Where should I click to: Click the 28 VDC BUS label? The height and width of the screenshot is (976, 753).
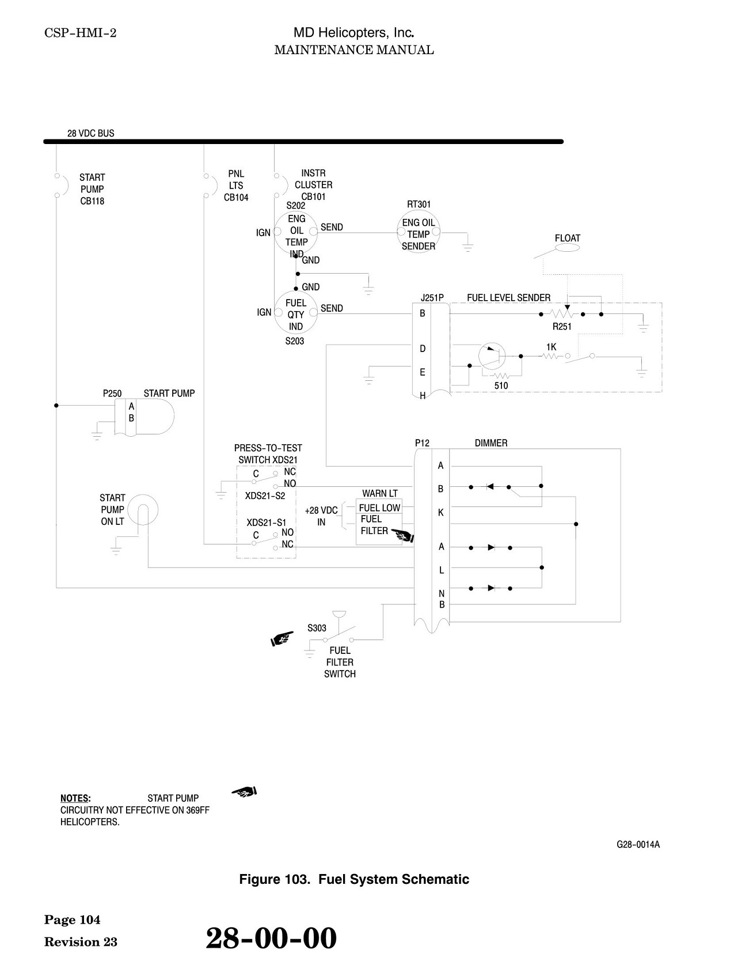pyautogui.click(x=91, y=133)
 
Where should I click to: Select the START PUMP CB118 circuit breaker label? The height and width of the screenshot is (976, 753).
pyautogui.click(x=92, y=190)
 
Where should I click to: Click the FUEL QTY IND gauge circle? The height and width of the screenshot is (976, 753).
pyautogui.click(x=296, y=312)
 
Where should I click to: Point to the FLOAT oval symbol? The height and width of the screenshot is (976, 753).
pyautogui.click(x=567, y=248)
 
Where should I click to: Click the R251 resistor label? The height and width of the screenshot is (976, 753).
pyautogui.click(x=562, y=327)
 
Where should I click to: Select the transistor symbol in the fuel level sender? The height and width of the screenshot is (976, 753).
pyautogui.click(x=492, y=356)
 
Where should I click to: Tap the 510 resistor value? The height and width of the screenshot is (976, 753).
pyautogui.click(x=501, y=386)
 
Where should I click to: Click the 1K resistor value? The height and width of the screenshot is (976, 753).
pyautogui.click(x=552, y=347)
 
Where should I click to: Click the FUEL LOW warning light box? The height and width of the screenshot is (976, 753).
pyautogui.click(x=379, y=508)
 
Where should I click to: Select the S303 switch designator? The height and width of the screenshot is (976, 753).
pyautogui.click(x=317, y=628)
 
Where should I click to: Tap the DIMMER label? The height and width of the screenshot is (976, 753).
pyautogui.click(x=491, y=443)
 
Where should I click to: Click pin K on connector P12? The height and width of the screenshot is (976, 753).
pyautogui.click(x=441, y=513)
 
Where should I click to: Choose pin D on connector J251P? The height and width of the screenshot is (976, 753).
pyautogui.click(x=423, y=349)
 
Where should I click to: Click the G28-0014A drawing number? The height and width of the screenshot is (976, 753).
pyautogui.click(x=638, y=845)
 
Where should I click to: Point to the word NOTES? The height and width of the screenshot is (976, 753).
pyautogui.click(x=75, y=799)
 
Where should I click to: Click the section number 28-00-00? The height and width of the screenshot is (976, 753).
pyautogui.click(x=271, y=937)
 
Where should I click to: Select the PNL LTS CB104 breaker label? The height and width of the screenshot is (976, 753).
pyautogui.click(x=236, y=186)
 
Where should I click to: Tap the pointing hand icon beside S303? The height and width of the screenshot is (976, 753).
pyautogui.click(x=282, y=638)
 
